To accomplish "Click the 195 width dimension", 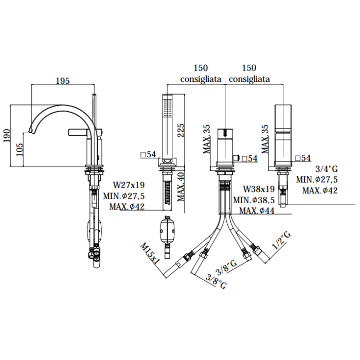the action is (63, 81).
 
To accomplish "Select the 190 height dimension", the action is (7, 135).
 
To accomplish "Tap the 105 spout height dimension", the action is (20, 150).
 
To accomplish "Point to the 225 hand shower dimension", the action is (181, 131).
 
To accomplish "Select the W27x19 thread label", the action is (129, 185).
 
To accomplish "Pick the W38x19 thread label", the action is (259, 189).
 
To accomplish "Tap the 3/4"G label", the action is (327, 169).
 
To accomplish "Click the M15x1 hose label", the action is (150, 254).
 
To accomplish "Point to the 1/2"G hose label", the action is (281, 240).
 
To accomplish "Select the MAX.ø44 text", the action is (257, 210).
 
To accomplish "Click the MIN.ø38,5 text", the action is (254, 200).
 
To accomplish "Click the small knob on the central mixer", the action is (236, 158).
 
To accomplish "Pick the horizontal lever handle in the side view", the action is (78, 132).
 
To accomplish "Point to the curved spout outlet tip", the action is (31, 131).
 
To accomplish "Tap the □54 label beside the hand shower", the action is (148, 154).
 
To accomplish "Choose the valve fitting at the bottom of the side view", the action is (94, 255).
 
